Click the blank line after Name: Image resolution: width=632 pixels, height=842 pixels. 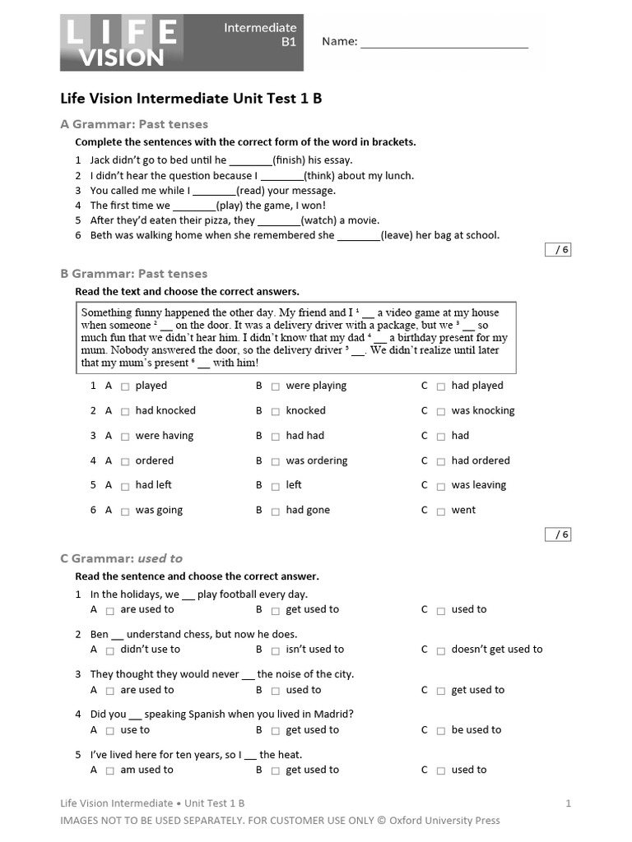click(444, 42)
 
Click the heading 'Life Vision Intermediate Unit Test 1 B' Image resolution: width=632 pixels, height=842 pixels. click(191, 99)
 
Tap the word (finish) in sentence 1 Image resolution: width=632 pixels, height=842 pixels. click(289, 160)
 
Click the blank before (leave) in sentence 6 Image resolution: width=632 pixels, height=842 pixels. click(359, 235)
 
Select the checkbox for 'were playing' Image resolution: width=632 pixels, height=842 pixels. click(276, 386)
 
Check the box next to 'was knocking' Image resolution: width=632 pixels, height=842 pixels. click(441, 411)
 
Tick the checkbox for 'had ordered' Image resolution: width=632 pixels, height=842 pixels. click(441, 461)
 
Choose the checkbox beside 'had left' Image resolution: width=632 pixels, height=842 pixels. click(125, 486)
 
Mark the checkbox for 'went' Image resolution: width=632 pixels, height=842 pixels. click(441, 511)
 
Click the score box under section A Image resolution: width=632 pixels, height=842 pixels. click(558, 250)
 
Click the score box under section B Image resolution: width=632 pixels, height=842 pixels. click(558, 534)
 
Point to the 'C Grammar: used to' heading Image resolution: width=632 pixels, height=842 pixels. click(122, 558)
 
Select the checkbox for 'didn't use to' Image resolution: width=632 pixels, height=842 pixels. click(110, 650)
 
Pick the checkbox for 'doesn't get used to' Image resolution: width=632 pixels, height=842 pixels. click(441, 650)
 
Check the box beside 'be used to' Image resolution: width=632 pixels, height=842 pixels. click(441, 731)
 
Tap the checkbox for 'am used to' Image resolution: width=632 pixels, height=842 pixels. click(110, 771)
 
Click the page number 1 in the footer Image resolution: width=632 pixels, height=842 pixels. click(568, 803)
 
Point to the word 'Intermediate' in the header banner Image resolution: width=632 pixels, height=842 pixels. click(260, 28)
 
